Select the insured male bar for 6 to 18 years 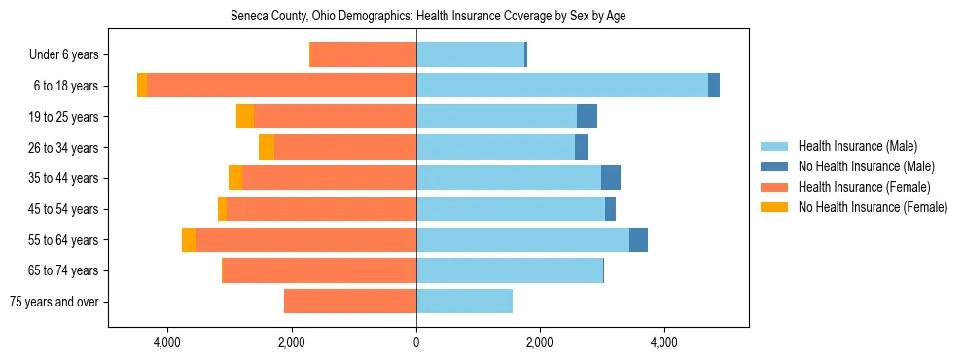(562, 86)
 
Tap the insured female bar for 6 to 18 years (281, 86)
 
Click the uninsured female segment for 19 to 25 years (245, 117)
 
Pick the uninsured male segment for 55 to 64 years (638, 240)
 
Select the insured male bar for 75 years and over (464, 302)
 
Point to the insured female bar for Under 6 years (363, 55)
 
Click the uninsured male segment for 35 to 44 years (611, 178)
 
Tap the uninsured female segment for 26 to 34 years (267, 148)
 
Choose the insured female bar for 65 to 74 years (320, 270)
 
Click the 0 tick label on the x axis (416, 342)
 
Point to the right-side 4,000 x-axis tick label (664, 342)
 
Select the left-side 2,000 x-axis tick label (292, 342)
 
